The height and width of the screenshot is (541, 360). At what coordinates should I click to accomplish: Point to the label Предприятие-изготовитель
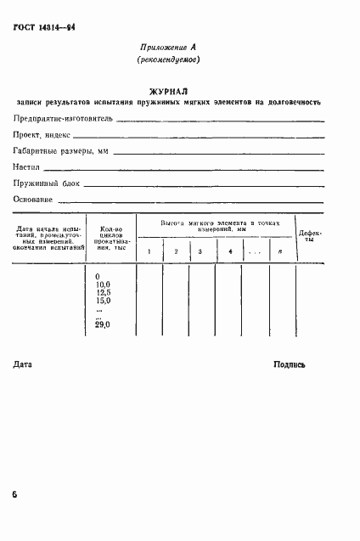(x=63, y=120)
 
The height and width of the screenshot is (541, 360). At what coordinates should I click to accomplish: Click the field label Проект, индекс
(x=40, y=136)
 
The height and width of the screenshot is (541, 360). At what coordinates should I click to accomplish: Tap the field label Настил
(x=28, y=167)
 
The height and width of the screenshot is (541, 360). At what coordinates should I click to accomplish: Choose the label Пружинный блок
(x=45, y=183)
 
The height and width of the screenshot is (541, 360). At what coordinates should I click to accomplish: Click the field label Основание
(x=33, y=200)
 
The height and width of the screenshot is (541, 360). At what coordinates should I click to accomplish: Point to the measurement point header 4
(x=230, y=251)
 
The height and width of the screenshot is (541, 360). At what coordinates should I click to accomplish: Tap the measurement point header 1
(x=149, y=251)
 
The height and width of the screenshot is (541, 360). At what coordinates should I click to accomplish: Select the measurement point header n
(x=280, y=251)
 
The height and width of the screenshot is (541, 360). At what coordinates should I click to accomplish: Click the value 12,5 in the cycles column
(x=104, y=293)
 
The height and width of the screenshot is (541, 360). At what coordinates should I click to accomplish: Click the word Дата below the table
(x=24, y=364)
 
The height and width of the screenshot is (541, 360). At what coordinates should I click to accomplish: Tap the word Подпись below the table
(x=290, y=364)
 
